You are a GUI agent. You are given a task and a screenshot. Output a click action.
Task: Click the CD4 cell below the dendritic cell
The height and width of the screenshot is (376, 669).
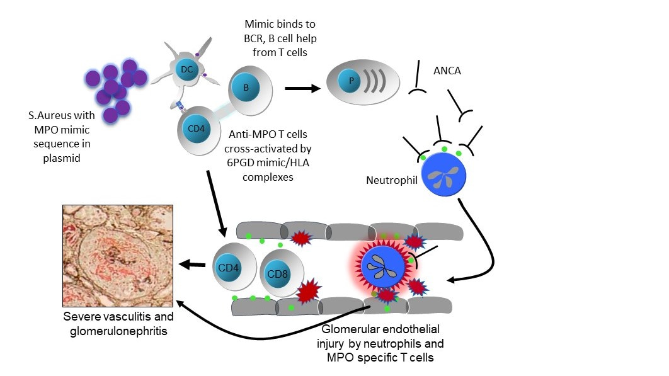tap(193, 129)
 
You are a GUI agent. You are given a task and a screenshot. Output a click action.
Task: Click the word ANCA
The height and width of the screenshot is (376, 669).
tap(447, 71)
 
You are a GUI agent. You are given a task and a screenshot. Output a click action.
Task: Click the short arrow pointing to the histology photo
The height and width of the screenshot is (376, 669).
tap(192, 265)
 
